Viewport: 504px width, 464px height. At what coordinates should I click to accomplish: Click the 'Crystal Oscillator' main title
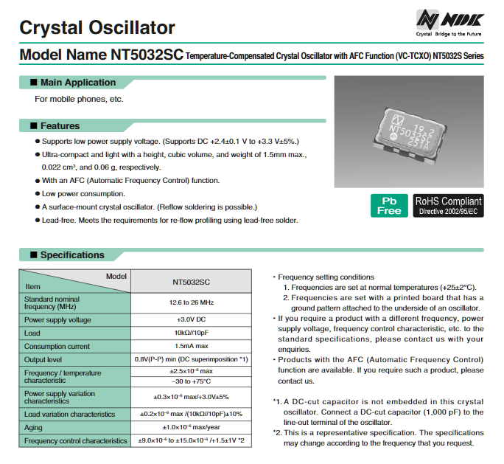point(97,28)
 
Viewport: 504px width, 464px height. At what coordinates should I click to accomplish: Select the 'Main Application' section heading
point(77,83)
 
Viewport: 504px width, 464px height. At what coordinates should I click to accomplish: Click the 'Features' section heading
point(60,126)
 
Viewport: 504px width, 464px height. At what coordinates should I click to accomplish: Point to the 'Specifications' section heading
point(72,255)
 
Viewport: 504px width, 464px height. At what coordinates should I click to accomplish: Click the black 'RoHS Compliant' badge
point(448,205)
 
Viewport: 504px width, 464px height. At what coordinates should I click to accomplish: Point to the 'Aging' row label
point(35,427)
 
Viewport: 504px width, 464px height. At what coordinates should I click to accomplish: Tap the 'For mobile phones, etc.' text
point(79,99)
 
